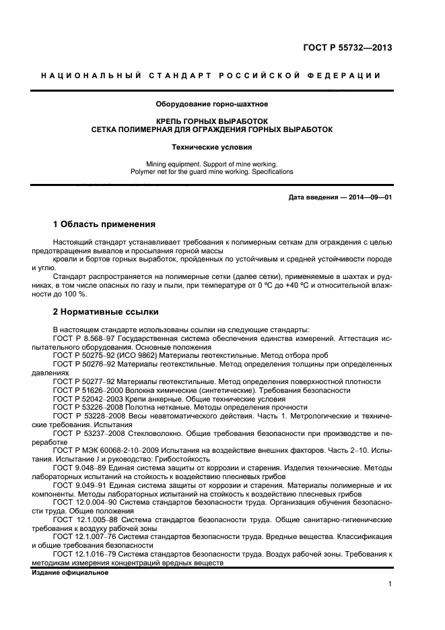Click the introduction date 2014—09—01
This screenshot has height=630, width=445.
click(x=368, y=197)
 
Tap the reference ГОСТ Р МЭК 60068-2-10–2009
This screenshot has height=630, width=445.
click(x=107, y=449)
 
